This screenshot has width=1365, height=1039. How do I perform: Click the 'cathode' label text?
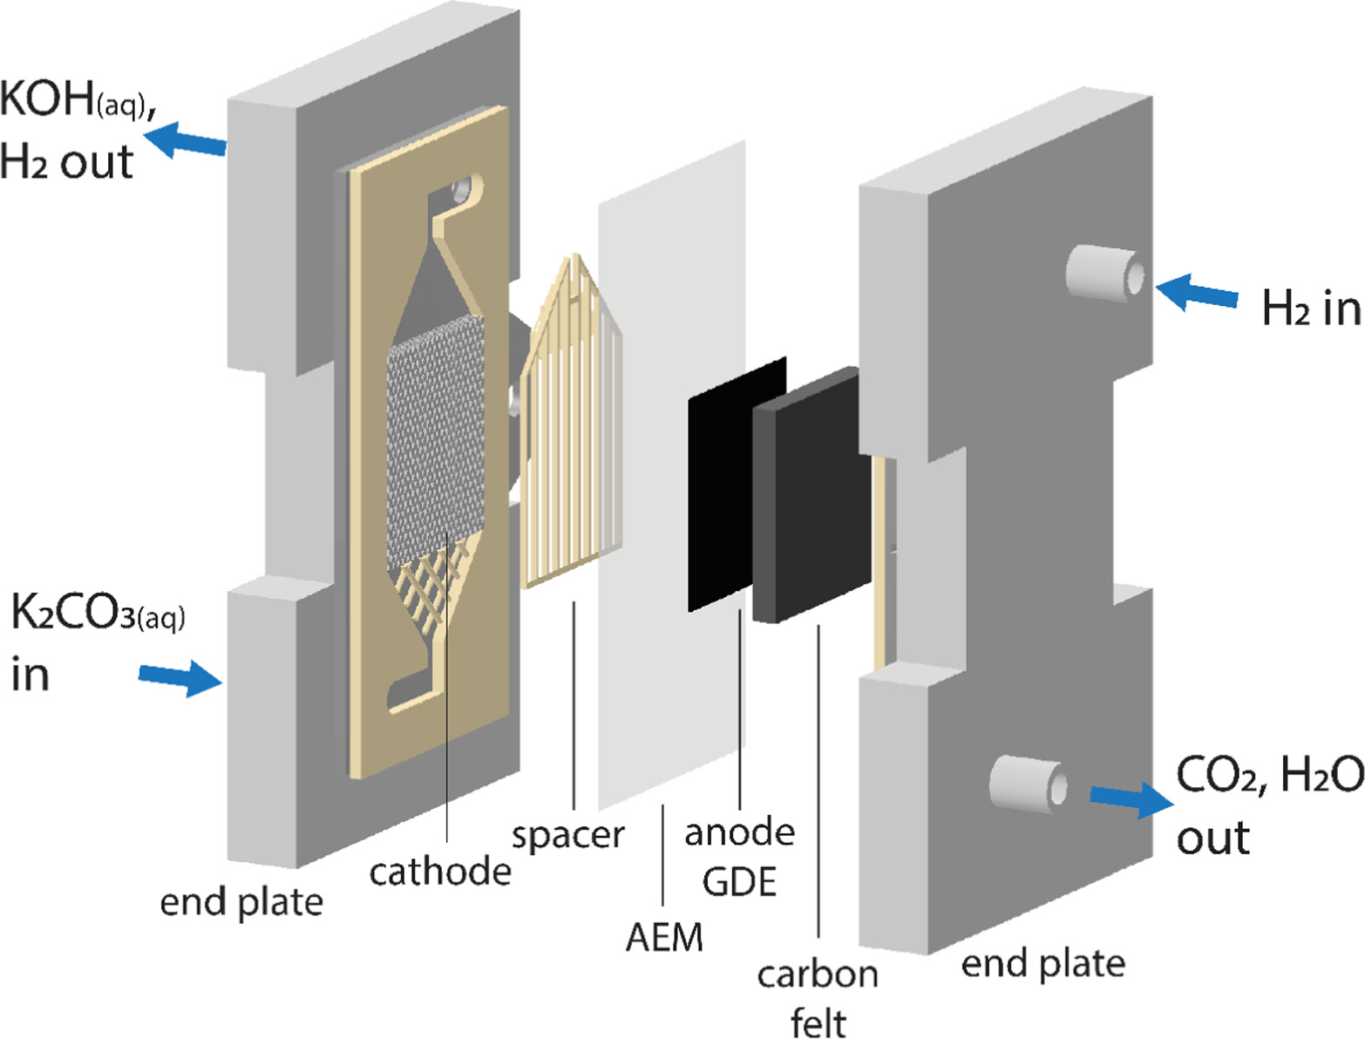(440, 871)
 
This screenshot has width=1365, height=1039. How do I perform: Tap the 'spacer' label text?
(567, 835)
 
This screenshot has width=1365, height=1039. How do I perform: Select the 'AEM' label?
(664, 937)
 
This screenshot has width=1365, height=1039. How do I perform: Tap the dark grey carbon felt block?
(811, 497)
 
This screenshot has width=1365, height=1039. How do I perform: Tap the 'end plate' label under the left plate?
(241, 901)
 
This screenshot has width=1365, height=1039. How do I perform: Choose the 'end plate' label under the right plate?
(1042, 963)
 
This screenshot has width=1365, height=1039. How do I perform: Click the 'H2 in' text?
(1311, 308)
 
